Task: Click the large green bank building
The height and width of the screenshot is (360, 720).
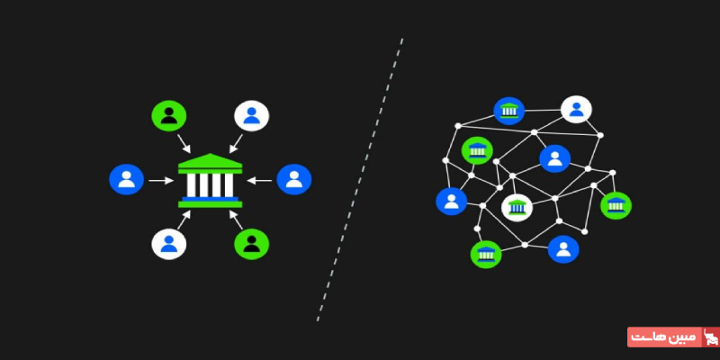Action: [x=210, y=180]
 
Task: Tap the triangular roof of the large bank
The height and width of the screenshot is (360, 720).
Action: [x=210, y=161]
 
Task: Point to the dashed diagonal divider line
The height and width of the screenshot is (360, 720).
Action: [x=360, y=180]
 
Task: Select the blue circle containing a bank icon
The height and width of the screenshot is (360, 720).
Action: [x=509, y=111]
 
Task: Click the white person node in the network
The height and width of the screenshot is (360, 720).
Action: [x=575, y=110]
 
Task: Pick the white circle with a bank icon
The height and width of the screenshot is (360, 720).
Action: [x=517, y=209]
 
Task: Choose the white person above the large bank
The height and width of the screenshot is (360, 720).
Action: [x=251, y=115]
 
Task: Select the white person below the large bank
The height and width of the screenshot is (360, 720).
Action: [x=168, y=243]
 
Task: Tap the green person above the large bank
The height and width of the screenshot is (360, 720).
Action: [x=168, y=115]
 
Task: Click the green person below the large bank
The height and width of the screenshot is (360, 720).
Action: [x=251, y=243]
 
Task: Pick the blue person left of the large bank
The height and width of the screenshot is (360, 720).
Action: [x=126, y=179]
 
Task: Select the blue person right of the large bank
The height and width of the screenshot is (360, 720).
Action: [x=293, y=179]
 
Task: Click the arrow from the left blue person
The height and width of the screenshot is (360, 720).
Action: [x=160, y=180]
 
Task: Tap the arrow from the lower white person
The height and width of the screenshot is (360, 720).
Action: [x=184, y=217]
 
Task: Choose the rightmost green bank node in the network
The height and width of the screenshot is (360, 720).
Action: [x=616, y=205]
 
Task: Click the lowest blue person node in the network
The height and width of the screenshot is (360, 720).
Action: [x=563, y=249]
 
